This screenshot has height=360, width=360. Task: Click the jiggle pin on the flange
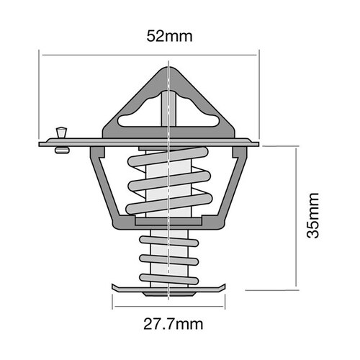[x=61, y=137]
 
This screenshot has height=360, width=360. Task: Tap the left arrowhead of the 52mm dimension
[x=44, y=55]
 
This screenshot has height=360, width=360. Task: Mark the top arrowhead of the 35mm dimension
[x=297, y=150]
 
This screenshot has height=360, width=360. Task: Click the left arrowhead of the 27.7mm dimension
[x=116, y=307]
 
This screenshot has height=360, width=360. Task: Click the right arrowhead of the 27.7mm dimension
[x=220, y=307]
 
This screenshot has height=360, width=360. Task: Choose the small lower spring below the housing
[x=168, y=257]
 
